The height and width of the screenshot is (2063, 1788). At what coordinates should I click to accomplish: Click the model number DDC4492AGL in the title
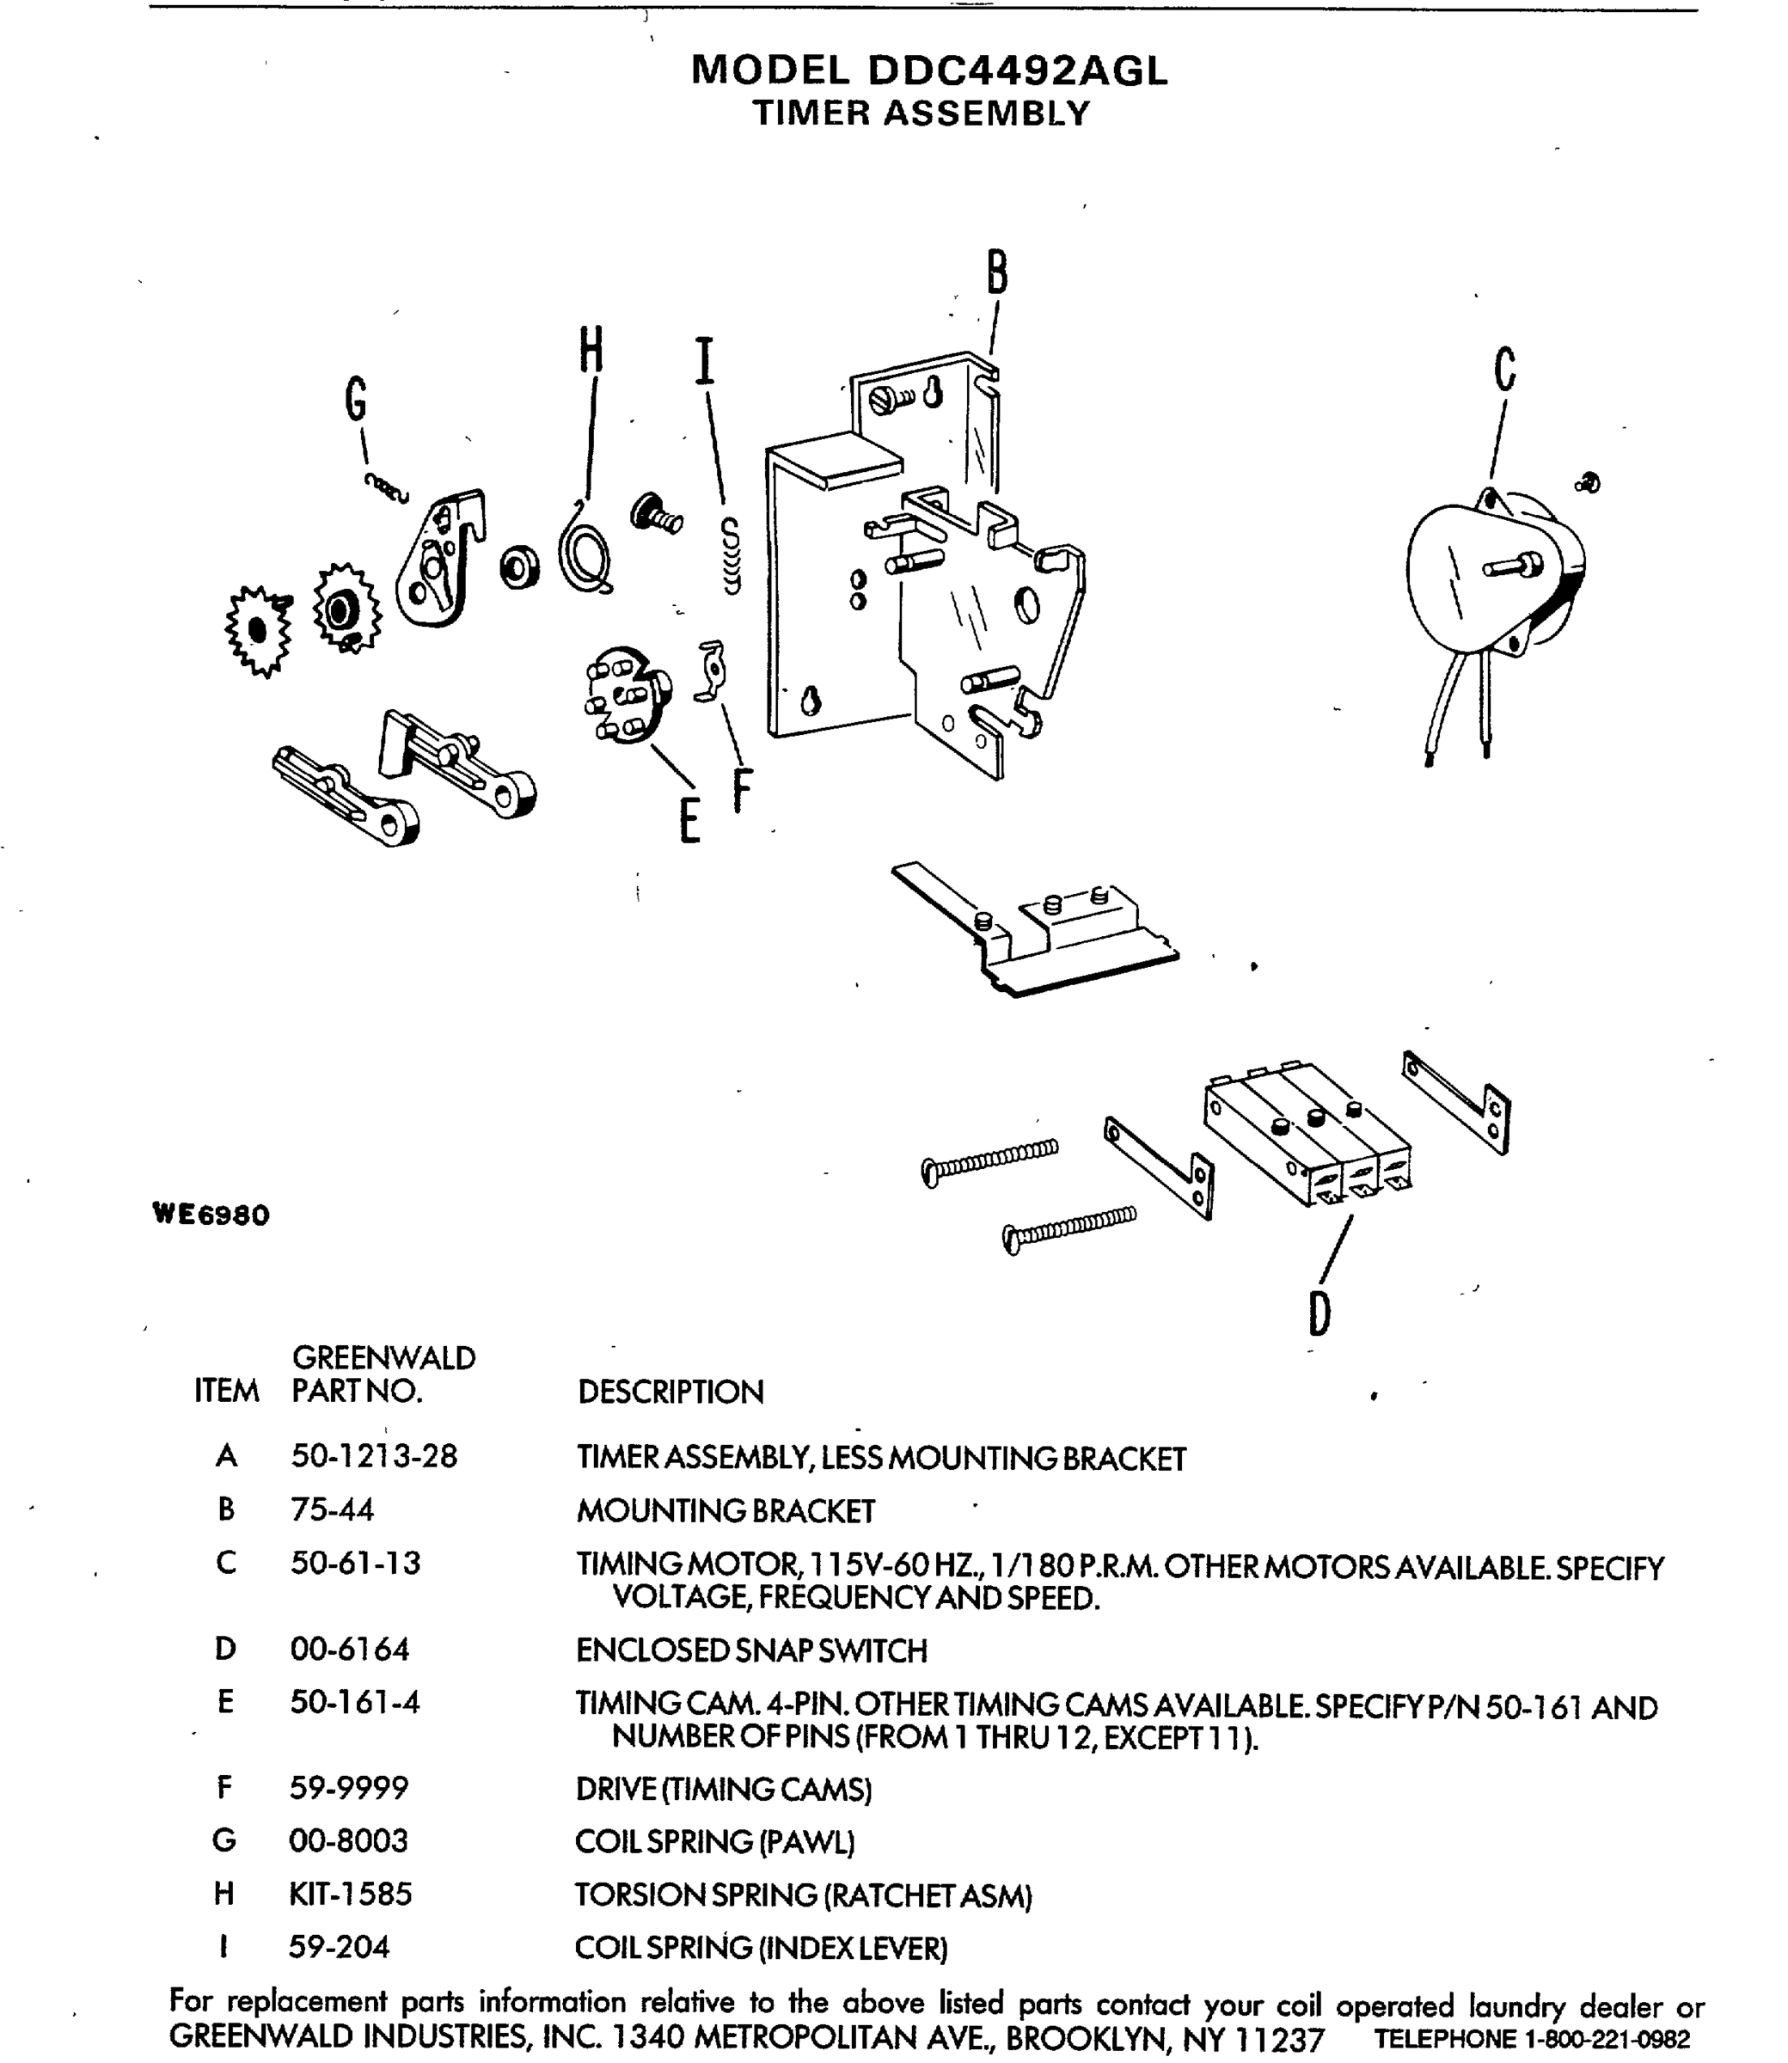1017,70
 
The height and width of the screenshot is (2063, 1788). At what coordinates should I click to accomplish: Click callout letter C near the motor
1504,368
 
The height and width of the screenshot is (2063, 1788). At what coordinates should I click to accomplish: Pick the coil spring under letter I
732,558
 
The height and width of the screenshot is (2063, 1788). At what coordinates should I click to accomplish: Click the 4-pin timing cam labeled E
627,695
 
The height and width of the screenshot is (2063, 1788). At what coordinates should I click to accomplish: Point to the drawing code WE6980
211,1215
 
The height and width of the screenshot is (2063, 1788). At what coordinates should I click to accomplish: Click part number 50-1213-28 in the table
373,1456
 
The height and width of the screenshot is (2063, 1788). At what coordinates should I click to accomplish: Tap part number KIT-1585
349,1894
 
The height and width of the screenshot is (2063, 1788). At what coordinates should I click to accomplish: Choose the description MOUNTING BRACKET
726,1511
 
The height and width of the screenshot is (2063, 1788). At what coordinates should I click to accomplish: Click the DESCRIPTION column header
670,1392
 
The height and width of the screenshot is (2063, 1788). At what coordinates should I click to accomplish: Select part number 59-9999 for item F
348,1788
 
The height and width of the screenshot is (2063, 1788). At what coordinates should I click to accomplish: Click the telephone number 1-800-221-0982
1607,2039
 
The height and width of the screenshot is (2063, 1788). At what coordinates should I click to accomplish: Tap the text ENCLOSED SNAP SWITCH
751,1651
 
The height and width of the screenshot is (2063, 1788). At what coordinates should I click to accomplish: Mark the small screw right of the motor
1588,484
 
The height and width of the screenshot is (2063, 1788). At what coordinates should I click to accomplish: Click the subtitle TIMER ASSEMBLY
921,113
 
